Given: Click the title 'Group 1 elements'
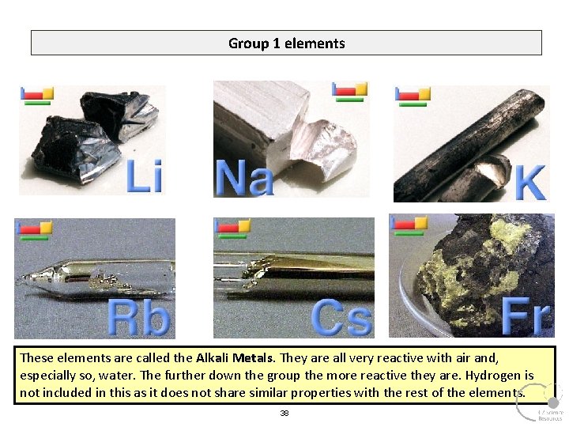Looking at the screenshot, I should click(x=286, y=43).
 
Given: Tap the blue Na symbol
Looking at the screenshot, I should click(x=244, y=178).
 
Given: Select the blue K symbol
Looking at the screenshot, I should click(x=529, y=183).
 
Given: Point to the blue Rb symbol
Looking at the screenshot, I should click(x=139, y=318).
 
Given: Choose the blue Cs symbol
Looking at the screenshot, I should click(x=341, y=318).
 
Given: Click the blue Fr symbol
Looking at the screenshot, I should click(x=526, y=316).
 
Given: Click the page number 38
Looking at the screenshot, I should click(x=284, y=414).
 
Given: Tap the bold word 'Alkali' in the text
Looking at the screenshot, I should click(x=213, y=358).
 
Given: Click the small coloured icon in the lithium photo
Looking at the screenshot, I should click(x=36, y=95).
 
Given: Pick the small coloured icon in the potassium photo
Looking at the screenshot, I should click(x=413, y=95).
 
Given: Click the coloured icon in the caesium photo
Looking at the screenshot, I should click(x=232, y=228).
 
